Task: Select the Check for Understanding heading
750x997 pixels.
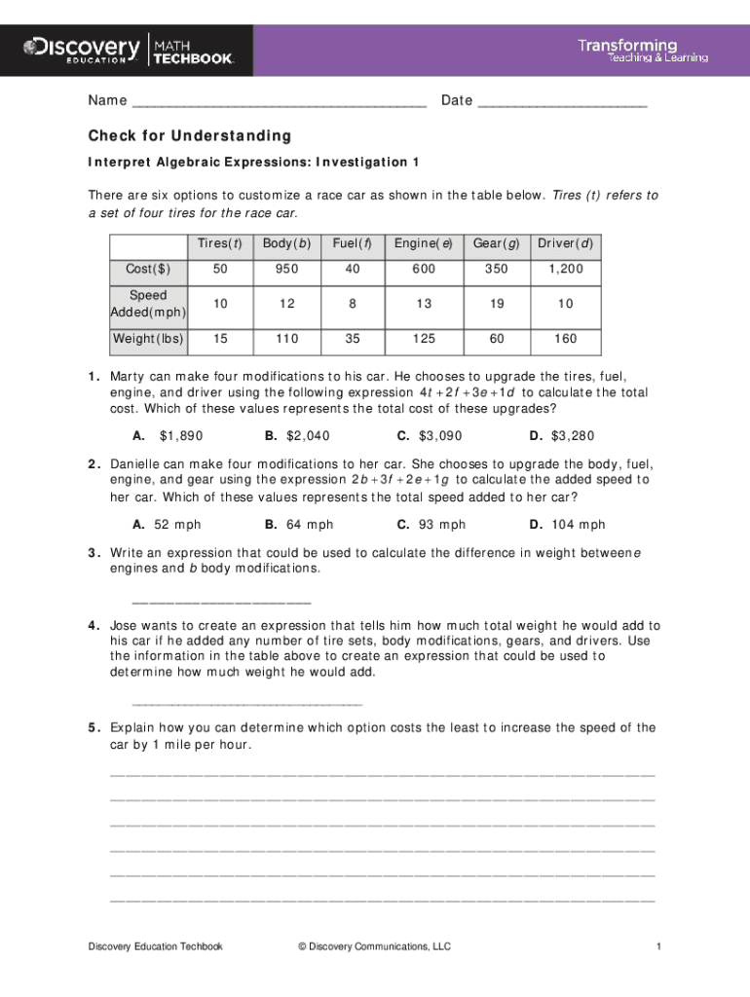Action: (189, 135)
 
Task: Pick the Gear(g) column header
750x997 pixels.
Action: (497, 242)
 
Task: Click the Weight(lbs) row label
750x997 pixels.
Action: (148, 339)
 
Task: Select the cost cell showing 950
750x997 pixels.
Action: (286, 268)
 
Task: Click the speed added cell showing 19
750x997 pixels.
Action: (497, 304)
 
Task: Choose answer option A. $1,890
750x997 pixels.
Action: (168, 436)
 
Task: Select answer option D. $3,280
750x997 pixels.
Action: (561, 436)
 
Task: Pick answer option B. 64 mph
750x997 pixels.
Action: (298, 525)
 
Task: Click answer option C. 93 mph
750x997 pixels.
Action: (431, 525)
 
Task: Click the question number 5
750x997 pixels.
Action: (94, 727)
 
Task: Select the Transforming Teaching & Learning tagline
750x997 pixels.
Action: (643, 51)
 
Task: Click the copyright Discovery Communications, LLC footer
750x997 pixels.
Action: (374, 946)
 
